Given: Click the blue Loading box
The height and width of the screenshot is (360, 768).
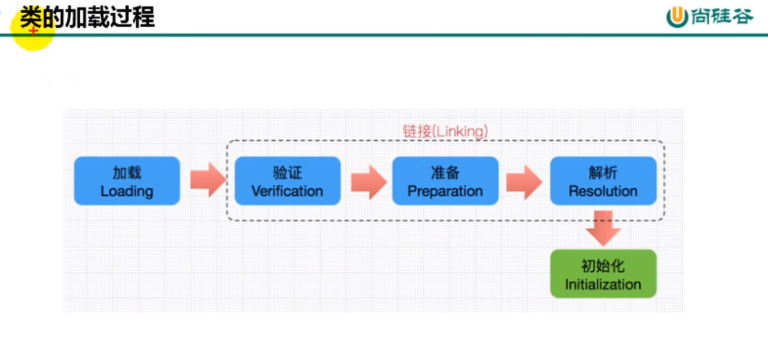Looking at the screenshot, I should click(x=127, y=181).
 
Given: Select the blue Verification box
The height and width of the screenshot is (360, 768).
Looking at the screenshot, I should click(x=287, y=181).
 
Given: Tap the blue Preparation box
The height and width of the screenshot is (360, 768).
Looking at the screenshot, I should click(x=445, y=181).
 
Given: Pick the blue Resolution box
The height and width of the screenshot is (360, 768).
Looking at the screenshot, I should click(x=603, y=181).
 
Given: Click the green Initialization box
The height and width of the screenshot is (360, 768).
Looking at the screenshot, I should click(x=603, y=274).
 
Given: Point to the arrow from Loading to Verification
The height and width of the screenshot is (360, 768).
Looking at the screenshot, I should click(x=208, y=180).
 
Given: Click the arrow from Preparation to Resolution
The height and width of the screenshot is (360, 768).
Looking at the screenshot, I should click(x=524, y=181).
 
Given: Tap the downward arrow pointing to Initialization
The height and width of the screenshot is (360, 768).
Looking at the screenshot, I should click(x=603, y=228).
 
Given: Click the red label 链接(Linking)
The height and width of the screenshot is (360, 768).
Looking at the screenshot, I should click(x=445, y=132).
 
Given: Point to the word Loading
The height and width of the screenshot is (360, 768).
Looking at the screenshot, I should click(x=127, y=191).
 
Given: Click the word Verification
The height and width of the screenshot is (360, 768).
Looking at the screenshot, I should click(x=287, y=191).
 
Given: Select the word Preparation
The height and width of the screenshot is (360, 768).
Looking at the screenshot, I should click(x=445, y=191).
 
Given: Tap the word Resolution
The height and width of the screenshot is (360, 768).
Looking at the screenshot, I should click(x=603, y=191).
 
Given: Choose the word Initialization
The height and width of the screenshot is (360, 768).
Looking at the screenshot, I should click(x=603, y=284).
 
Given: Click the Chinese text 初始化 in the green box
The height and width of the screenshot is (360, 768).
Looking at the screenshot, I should click(x=603, y=266).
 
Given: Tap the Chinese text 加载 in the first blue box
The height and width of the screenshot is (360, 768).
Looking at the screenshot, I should click(x=127, y=173).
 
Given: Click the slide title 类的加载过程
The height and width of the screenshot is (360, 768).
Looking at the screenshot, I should click(x=87, y=17).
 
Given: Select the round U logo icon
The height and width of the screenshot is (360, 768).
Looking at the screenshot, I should click(x=677, y=17).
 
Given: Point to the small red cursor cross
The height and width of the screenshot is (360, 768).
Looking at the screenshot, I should click(x=33, y=31).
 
